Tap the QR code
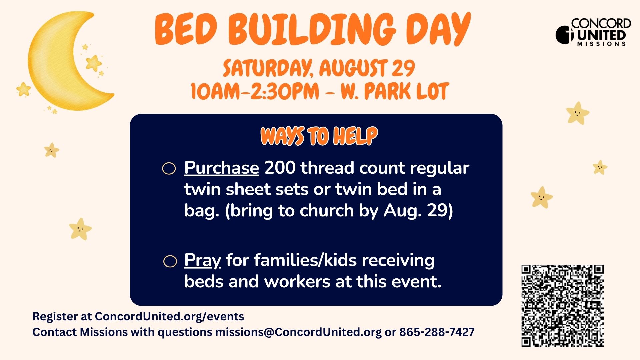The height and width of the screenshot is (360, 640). [563, 306]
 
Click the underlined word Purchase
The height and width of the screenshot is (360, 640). [221, 168]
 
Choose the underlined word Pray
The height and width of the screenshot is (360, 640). [202, 261]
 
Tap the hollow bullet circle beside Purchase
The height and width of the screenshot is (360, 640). [169, 169]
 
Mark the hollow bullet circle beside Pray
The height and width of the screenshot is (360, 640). [170, 261]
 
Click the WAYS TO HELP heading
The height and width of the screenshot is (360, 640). [319, 136]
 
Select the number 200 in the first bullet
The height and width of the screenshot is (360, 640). [280, 168]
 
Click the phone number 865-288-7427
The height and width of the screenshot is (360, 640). [437, 332]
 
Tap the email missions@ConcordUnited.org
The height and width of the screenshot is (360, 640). [298, 332]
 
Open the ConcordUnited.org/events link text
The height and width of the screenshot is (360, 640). [169, 316]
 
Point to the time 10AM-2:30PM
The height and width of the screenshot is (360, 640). [255, 91]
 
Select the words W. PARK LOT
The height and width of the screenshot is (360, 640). [395, 91]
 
